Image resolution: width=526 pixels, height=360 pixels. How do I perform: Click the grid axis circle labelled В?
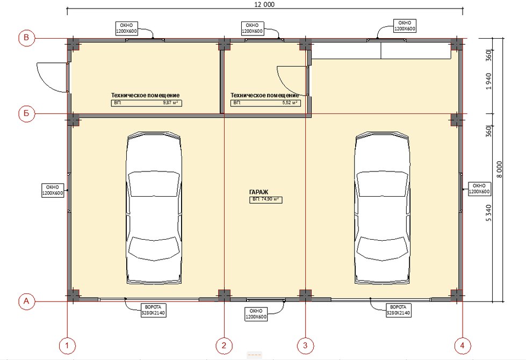tap(26, 38)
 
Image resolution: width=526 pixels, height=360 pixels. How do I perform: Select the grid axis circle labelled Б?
tap(26, 113)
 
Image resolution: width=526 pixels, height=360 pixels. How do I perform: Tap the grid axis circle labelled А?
tap(26, 301)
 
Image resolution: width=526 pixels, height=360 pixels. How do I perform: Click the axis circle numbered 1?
tap(67, 345)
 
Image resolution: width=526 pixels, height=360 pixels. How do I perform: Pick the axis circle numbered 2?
tap(224, 345)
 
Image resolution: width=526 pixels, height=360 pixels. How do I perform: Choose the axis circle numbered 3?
tap(305, 345)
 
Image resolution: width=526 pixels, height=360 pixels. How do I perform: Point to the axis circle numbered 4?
tap(463, 345)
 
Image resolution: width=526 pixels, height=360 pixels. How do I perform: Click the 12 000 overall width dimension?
tap(265, 4)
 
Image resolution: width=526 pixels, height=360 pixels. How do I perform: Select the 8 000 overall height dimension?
tap(499, 170)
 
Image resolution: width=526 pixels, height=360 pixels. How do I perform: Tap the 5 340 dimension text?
tap(488, 213)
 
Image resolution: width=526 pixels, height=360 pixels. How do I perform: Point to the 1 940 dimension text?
tap(488, 81)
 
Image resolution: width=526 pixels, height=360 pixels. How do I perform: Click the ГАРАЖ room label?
tap(258, 192)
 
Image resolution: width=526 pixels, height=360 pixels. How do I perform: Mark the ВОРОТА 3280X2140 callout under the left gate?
tap(153, 310)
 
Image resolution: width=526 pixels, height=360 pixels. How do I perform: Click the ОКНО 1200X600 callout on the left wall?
tap(52, 190)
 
